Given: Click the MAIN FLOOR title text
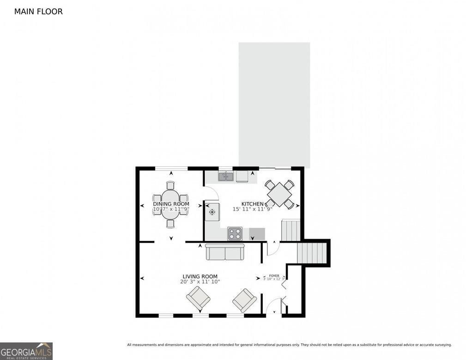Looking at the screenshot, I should point(38,12).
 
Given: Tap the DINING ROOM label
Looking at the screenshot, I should point(171,204).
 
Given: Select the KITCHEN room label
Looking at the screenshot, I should point(253,204).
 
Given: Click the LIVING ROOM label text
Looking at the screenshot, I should point(200,276).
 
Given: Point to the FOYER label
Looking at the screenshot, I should point(274,275).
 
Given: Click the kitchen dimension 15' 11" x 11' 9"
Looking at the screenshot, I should point(253,209).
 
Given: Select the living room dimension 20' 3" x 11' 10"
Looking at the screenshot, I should point(200,282).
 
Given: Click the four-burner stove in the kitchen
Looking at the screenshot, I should point(235,234).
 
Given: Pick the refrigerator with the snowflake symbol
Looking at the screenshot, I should point(212,212).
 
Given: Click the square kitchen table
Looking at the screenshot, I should point(279,194).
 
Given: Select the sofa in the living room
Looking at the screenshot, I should point(225,252).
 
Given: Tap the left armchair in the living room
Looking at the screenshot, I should point(198,299).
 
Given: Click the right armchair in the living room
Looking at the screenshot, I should point(244,300).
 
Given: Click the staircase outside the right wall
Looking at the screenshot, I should point(313,253).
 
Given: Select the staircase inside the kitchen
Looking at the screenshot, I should point(290,230).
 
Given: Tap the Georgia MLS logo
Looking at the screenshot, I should point(26,351).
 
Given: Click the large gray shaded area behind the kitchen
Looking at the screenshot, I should point(274,104).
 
